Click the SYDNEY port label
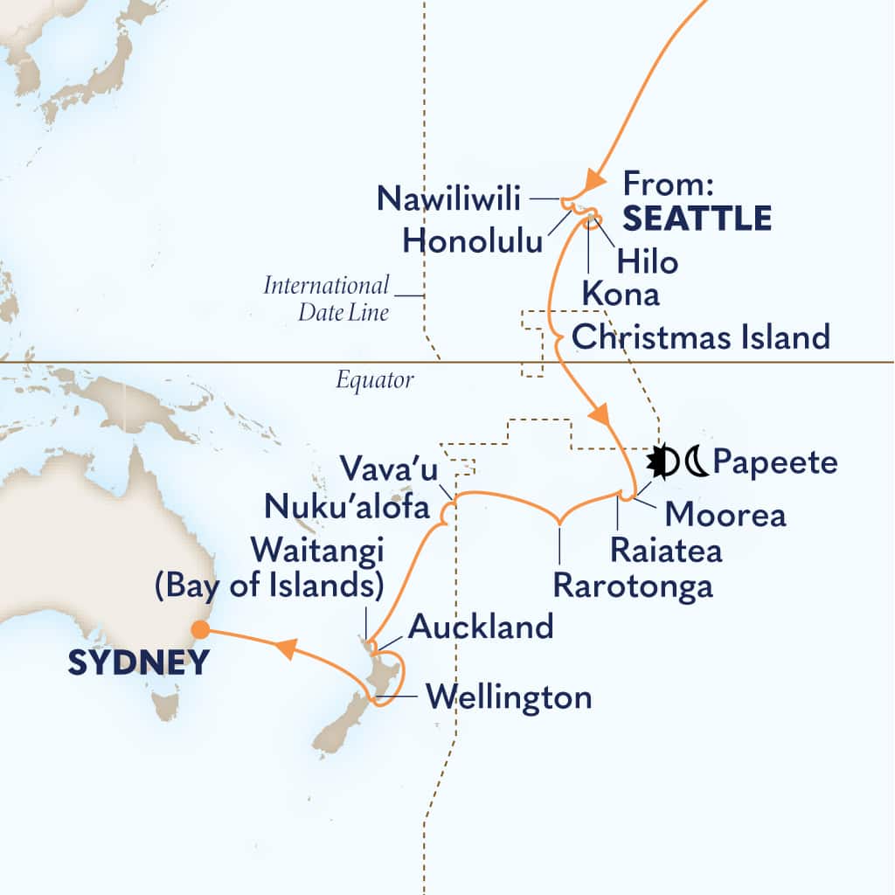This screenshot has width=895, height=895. pos(139,663)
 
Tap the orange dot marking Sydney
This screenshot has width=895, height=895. pos(201,628)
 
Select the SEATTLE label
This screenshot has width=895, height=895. pos(697,219)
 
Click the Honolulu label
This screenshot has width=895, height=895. pos(473,241)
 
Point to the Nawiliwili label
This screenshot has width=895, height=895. pos(449,198)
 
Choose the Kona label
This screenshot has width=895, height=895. pos(621,295)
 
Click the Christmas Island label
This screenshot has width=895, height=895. pos(699,336)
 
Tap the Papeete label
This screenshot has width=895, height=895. pos(775,462)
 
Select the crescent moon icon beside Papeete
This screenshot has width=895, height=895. pos(696,462)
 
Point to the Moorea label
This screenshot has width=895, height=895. pos(725,515)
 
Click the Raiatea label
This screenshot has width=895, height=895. pos(666,551)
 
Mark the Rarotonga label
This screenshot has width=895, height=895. pos(633,586)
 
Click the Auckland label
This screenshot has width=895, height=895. pos(481,627)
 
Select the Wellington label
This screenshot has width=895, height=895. pos(508,697)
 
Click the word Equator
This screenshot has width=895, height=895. pos(373,380)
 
